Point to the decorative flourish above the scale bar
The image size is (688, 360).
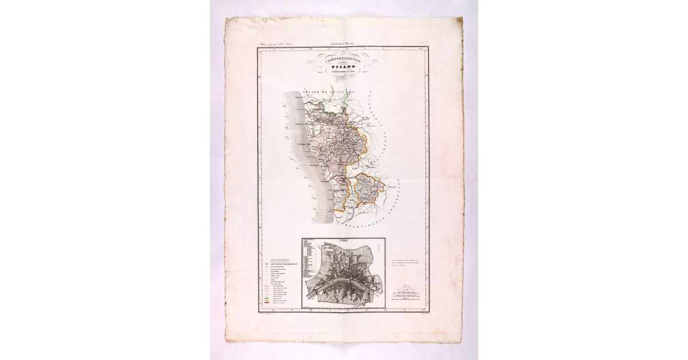point(407,286)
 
